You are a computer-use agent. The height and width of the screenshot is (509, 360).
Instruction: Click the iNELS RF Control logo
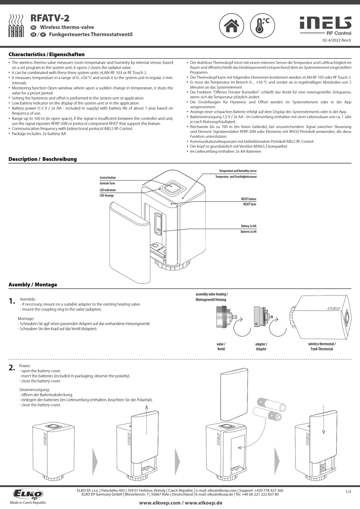point(326,26)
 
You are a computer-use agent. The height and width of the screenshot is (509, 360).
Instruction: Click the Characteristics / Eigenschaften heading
point(47,55)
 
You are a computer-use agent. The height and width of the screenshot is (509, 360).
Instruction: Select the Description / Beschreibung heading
point(42,159)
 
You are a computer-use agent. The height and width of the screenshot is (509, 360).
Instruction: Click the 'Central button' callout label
point(108,178)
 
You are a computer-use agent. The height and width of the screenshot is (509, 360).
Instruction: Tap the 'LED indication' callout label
point(108,190)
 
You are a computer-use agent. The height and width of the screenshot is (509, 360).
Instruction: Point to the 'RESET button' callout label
point(249,199)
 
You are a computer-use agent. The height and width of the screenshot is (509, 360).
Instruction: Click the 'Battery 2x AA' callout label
point(249,226)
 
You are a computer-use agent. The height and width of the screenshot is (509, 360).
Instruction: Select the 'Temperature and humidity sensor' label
point(238,171)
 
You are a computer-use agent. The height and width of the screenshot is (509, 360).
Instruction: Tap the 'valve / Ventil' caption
point(221,347)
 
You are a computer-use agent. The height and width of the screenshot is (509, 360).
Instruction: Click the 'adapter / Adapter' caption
point(261,347)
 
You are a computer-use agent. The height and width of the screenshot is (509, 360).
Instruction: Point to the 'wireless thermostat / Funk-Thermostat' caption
point(322,347)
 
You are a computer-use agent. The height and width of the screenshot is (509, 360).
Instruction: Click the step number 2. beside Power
point(12,367)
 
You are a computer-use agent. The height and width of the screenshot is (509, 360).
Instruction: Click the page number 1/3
point(348,492)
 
